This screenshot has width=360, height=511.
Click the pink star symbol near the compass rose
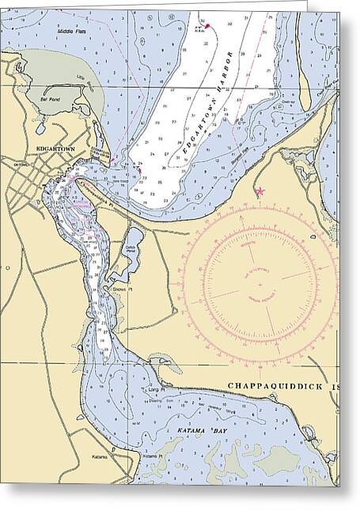click(x=260, y=191)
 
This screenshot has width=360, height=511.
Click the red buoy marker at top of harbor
click(x=207, y=26)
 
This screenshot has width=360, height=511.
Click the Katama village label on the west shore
click(x=99, y=457)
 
